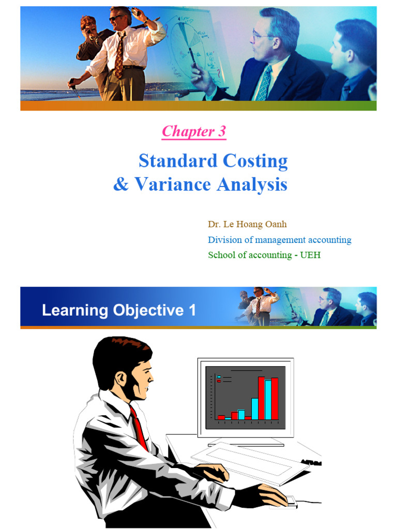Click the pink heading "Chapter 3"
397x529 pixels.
click(x=194, y=132)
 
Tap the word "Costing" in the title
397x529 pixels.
click(x=255, y=161)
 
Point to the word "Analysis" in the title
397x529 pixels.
click(x=252, y=184)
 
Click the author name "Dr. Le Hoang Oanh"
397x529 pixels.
click(x=247, y=224)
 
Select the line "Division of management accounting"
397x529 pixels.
click(x=279, y=240)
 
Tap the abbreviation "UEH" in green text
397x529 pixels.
click(x=310, y=255)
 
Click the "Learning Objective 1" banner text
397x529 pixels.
click(x=119, y=310)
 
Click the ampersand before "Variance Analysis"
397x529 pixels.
click(x=121, y=185)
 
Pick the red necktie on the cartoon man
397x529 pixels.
click(x=138, y=426)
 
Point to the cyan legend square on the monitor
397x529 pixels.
click(x=219, y=377)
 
